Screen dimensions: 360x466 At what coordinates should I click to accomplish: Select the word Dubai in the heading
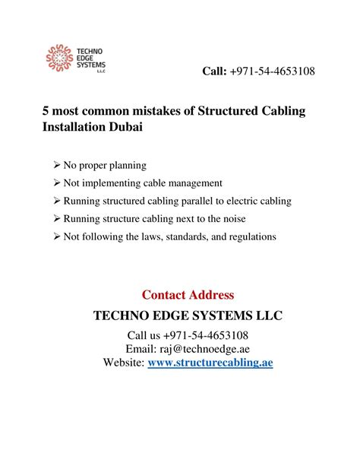click(125, 128)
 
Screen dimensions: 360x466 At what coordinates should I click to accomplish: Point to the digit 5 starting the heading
click(46, 112)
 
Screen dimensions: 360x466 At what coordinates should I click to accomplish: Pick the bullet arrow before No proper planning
click(58, 165)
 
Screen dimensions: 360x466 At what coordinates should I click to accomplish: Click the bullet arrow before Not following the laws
click(58, 236)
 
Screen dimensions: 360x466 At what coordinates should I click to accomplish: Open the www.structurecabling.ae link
click(210, 363)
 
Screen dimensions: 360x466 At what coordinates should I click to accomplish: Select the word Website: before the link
click(123, 363)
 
